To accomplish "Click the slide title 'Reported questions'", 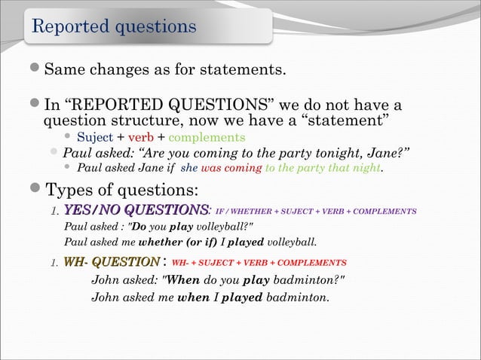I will [x=113, y=26].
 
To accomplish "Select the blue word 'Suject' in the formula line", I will [x=95, y=137].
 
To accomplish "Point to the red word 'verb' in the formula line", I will [x=141, y=137].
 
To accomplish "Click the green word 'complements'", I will [x=206, y=137].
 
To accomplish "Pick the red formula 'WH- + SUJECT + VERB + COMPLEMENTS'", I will [x=259, y=263].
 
